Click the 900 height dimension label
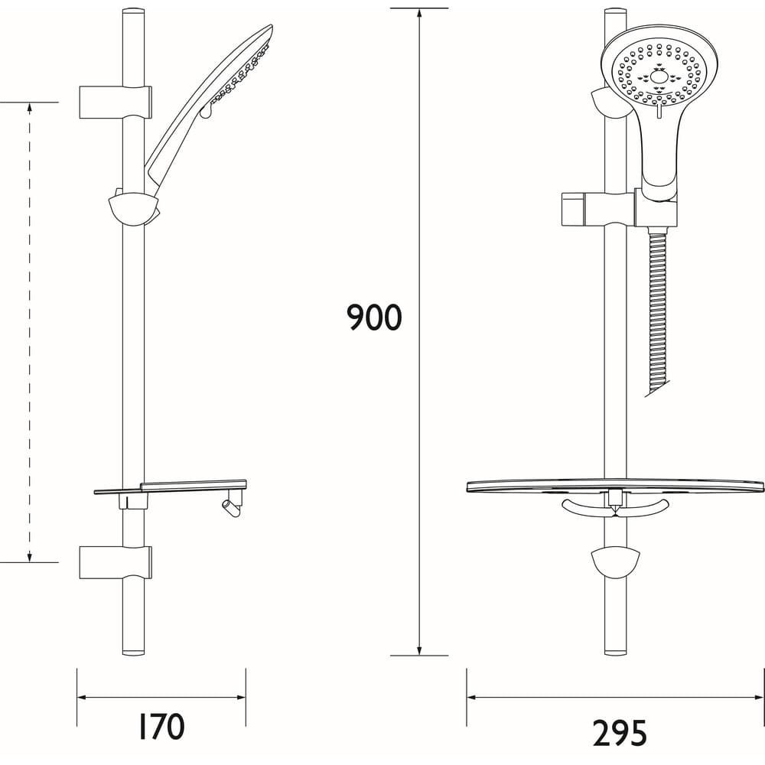(x=374, y=317)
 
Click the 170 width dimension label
(x=162, y=727)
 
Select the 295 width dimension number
(x=619, y=733)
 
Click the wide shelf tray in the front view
(x=615, y=487)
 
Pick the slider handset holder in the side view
(x=134, y=208)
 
